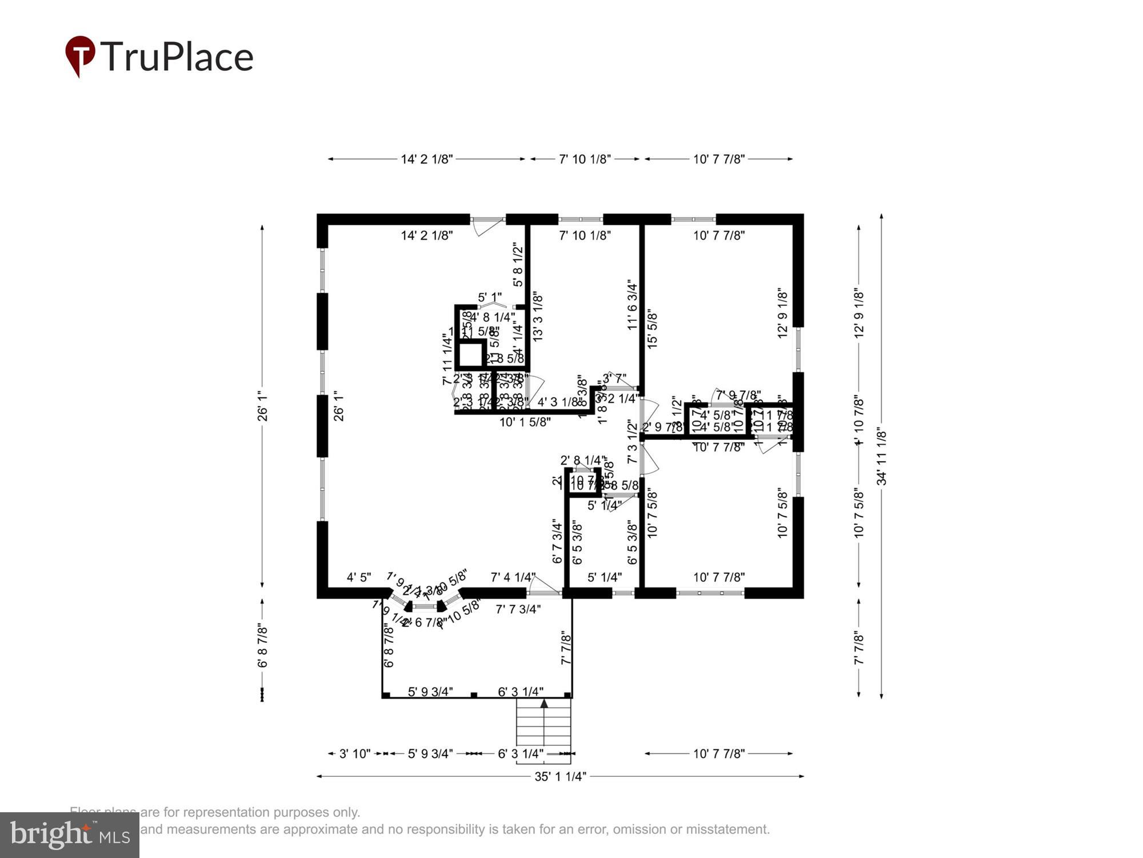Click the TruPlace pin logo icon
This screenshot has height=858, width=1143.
79,55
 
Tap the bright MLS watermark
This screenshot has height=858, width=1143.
69,835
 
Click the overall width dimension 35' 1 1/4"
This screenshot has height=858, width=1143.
559,776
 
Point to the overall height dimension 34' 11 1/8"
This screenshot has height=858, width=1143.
882,458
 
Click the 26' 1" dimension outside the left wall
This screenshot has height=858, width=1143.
262,406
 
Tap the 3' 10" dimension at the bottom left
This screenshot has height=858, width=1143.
354,754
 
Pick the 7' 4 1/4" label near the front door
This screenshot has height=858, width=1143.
513,578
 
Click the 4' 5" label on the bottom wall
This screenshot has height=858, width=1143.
358,578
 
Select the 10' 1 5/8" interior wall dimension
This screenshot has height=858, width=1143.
525,422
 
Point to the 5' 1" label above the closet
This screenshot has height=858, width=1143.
490,297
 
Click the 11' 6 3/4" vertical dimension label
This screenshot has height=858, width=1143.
632,305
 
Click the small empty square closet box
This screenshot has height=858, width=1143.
471,355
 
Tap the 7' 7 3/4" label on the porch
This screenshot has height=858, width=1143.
518,609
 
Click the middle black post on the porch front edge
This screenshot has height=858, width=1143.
474,695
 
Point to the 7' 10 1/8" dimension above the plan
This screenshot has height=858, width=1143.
585,159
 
